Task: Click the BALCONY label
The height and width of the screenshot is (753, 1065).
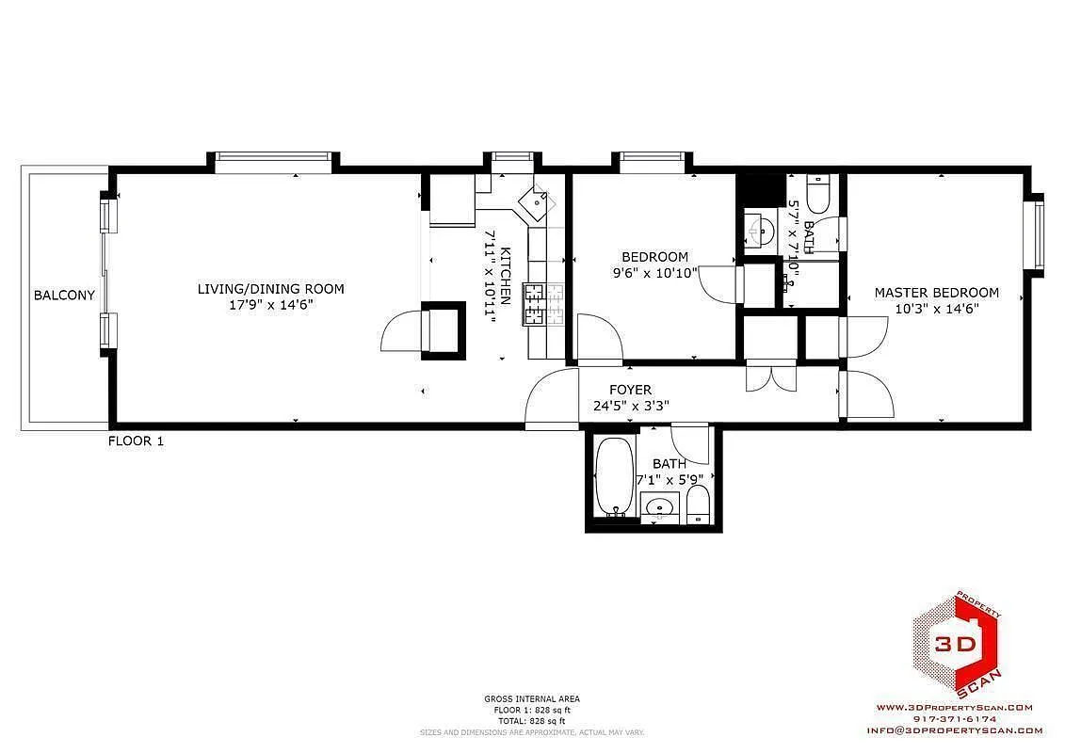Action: pyautogui.click(x=64, y=295)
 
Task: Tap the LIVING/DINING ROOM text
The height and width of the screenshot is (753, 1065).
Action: pyautogui.click(x=270, y=289)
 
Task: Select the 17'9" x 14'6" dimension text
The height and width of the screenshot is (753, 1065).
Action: pyautogui.click(x=270, y=305)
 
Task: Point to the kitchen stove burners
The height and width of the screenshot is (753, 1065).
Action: pyautogui.click(x=543, y=304)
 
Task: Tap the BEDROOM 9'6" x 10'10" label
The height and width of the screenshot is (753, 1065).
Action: pyautogui.click(x=654, y=264)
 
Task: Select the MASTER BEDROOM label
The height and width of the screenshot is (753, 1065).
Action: pyautogui.click(x=936, y=293)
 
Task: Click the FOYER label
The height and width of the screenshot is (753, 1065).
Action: pyautogui.click(x=630, y=390)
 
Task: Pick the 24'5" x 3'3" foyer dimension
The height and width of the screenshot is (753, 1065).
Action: pyautogui.click(x=630, y=407)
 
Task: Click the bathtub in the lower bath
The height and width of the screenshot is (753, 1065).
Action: pyautogui.click(x=616, y=476)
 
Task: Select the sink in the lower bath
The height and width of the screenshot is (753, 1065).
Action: pyautogui.click(x=659, y=509)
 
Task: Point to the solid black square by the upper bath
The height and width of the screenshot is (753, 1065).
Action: pyautogui.click(x=760, y=189)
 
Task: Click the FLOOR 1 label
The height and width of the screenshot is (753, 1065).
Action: pyautogui.click(x=136, y=441)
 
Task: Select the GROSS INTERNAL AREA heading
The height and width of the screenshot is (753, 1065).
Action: pyautogui.click(x=532, y=698)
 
